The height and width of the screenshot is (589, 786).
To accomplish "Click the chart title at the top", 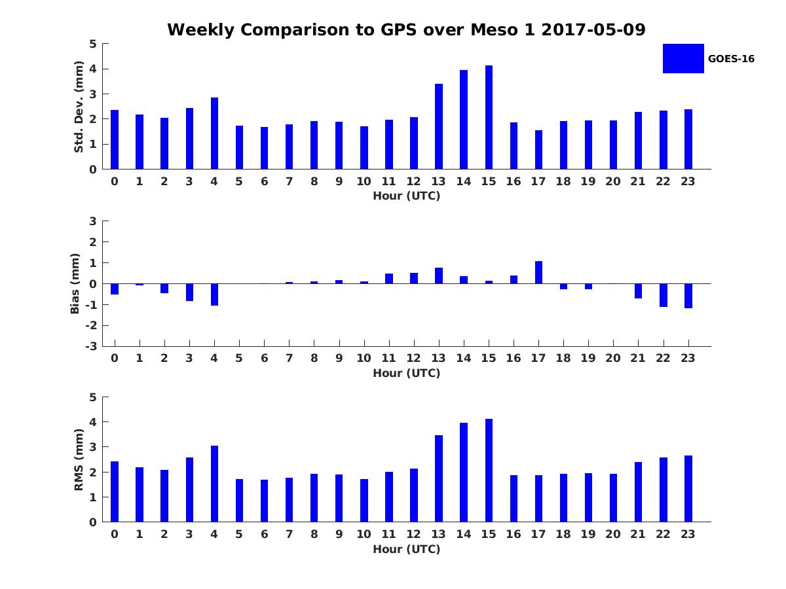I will [406, 29].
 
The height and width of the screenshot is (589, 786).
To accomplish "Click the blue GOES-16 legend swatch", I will [683, 58].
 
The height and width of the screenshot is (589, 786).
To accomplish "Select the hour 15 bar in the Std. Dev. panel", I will [489, 118].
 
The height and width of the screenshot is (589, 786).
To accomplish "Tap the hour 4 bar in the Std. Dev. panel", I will [214, 134].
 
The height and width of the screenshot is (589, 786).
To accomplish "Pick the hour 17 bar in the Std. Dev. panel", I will [538, 150].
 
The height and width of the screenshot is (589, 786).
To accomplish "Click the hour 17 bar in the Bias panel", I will [538, 272].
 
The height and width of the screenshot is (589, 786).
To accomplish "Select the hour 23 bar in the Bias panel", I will [688, 296].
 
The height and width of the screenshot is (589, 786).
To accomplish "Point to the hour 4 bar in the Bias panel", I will [214, 294].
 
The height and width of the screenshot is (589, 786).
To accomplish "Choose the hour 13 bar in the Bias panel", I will [439, 276].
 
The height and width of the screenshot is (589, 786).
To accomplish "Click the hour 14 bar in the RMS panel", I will [464, 473].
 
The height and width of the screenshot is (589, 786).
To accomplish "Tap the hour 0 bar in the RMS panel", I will [115, 491].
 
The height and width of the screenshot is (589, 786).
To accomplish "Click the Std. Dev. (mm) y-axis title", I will [79, 107].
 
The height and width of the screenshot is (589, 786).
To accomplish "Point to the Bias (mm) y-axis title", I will [75, 284].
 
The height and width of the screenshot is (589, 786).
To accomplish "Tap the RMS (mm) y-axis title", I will [79, 459].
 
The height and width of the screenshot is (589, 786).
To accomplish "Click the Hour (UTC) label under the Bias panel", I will [406, 373].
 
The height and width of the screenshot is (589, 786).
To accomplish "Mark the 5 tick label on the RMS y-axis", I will [93, 397].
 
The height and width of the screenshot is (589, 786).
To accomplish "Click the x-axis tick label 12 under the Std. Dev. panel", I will [414, 182].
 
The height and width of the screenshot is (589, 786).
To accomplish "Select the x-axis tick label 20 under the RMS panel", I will [613, 534].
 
